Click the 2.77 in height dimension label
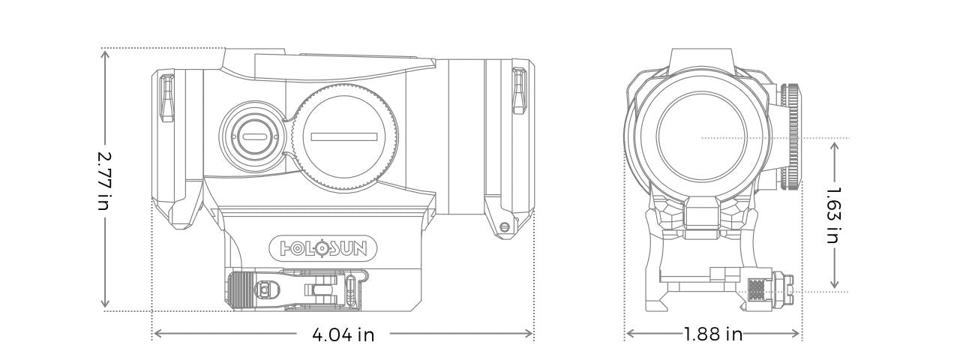pyautogui.click(x=106, y=179)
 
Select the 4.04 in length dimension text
pyautogui.click(x=343, y=334)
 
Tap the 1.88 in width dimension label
pyautogui.click(x=712, y=334)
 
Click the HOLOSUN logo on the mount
pyautogui.click(x=323, y=248)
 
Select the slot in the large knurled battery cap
pyautogui.click(x=343, y=136)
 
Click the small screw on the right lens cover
pyautogui.click(x=504, y=226)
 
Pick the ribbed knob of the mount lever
pyautogui.click(x=241, y=289)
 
